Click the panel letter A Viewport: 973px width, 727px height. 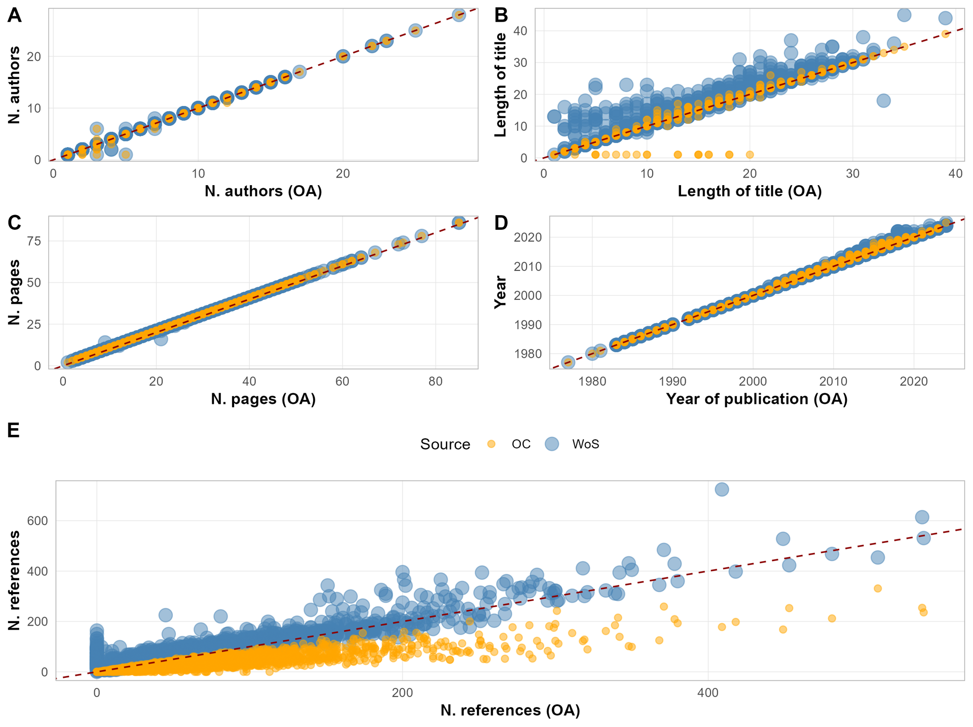pyautogui.click(x=15, y=15)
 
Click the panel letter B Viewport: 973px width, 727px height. pyautogui.click(x=501, y=15)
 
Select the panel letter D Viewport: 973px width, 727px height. pyautogui.click(x=501, y=223)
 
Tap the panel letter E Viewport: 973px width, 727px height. pyautogui.click(x=14, y=430)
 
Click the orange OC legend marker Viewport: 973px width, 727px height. pyautogui.click(x=491, y=444)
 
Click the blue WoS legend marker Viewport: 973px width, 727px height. pyautogui.click(x=551, y=444)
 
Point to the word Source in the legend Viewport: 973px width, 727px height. pyautogui.click(x=445, y=444)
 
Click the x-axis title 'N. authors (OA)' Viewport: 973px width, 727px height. pyautogui.click(x=263, y=191)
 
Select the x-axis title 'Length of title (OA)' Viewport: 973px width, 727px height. pyautogui.click(x=750, y=191)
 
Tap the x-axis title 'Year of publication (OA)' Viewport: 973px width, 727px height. pyautogui.click(x=757, y=399)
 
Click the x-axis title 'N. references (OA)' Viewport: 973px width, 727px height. pyautogui.click(x=510, y=710)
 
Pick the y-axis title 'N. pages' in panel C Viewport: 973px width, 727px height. pyautogui.click(x=15, y=292)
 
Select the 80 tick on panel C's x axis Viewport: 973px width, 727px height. pyautogui.click(x=435, y=382)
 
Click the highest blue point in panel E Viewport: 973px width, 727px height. pyautogui.click(x=722, y=489)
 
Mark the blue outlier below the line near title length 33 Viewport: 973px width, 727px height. pyautogui.click(x=883, y=100)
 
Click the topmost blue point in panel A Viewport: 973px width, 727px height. pyautogui.click(x=459, y=14)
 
